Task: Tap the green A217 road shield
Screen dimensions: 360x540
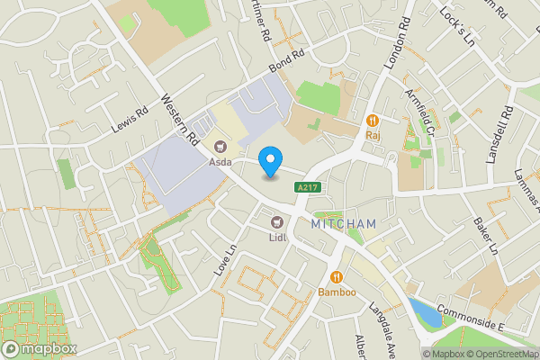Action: point(306,187)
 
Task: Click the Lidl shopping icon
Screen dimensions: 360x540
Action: point(277,221)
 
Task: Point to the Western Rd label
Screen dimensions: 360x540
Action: point(179,121)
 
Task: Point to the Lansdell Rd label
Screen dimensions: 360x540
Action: point(499,134)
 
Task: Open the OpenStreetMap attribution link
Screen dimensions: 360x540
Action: point(501,354)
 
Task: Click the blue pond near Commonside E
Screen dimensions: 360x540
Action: point(421,311)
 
